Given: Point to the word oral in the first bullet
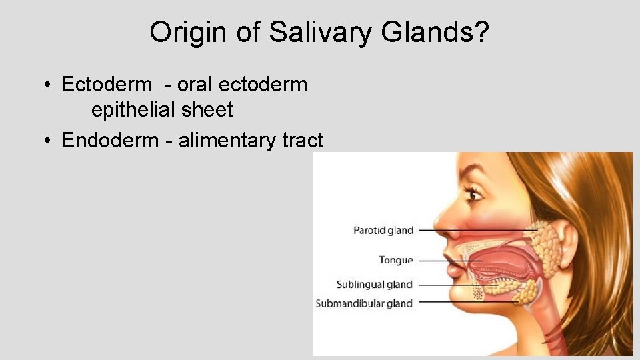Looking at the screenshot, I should pyautogui.click(x=195, y=85).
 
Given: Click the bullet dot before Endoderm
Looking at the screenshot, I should pyautogui.click(x=49, y=141).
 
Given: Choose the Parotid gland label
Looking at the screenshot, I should pyautogui.click(x=383, y=231).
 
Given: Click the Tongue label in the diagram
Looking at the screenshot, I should pyautogui.click(x=396, y=260).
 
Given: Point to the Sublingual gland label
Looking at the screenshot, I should pyautogui.click(x=374, y=285).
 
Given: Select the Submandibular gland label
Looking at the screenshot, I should pyautogui.click(x=364, y=303).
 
